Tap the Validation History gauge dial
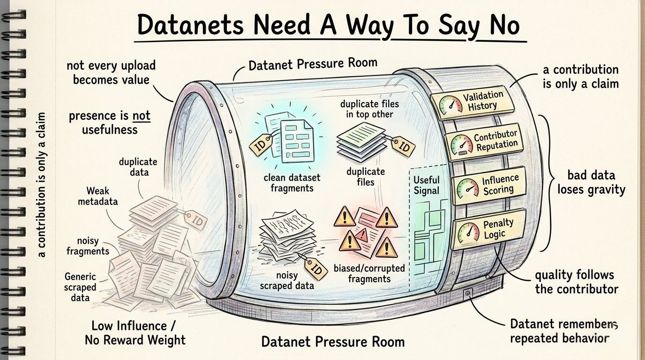pyautogui.click(x=451, y=105)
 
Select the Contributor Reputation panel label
pyautogui.click(x=496, y=140)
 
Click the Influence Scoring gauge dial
pyautogui.click(x=468, y=188)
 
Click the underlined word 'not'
pyautogui.click(x=142, y=116)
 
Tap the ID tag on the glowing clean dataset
pyautogui.click(x=261, y=145)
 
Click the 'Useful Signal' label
pyautogui.click(x=427, y=185)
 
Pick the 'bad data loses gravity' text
pyautogui.click(x=591, y=182)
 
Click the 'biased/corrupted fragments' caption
pyautogui.click(x=369, y=273)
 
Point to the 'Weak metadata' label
pyautogui.click(x=98, y=196)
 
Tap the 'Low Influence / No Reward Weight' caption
pyautogui.click(x=135, y=333)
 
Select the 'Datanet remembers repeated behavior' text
pyautogui.click(x=564, y=331)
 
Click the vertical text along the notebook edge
pyautogui.click(x=42, y=185)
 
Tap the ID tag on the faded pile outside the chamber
pyautogui.click(x=196, y=220)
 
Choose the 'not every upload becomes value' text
pyautogui.click(x=111, y=73)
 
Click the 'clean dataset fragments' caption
pyautogui.click(x=292, y=183)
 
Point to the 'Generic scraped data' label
pyautogui.click(x=80, y=287)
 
